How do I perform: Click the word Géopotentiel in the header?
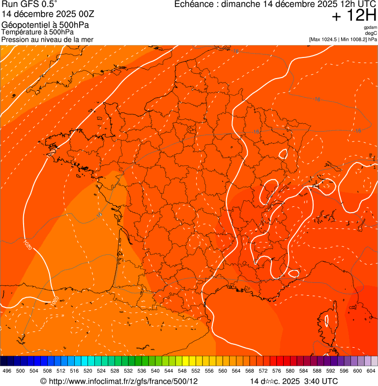[25, 25]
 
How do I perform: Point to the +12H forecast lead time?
[354, 16]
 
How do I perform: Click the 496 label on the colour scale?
[7, 371]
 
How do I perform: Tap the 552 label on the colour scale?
[196, 371]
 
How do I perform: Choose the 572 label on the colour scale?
[263, 371]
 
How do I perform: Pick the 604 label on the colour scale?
[371, 371]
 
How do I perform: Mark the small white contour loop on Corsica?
[327, 321]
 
